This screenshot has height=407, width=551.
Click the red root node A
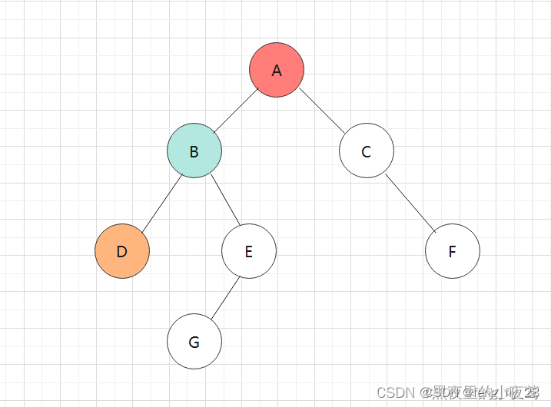[x=277, y=70]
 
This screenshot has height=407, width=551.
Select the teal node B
[x=194, y=151]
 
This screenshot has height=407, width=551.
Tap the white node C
[x=367, y=151]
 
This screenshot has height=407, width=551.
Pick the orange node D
[x=122, y=251]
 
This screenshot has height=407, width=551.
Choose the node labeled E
[x=248, y=251]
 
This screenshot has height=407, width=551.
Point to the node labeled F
[x=452, y=251]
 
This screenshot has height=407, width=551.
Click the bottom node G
[x=194, y=342]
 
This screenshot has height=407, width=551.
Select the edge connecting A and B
[x=236, y=110]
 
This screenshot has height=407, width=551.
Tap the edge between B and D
[x=160, y=200]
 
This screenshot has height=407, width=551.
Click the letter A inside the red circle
[x=277, y=71]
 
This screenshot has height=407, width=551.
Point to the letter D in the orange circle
[x=122, y=252]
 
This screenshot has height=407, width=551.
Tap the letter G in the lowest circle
[x=194, y=342]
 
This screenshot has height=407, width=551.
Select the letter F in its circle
[x=452, y=252]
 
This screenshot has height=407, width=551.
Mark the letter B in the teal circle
[x=194, y=151]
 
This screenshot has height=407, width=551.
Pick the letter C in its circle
[x=367, y=151]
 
